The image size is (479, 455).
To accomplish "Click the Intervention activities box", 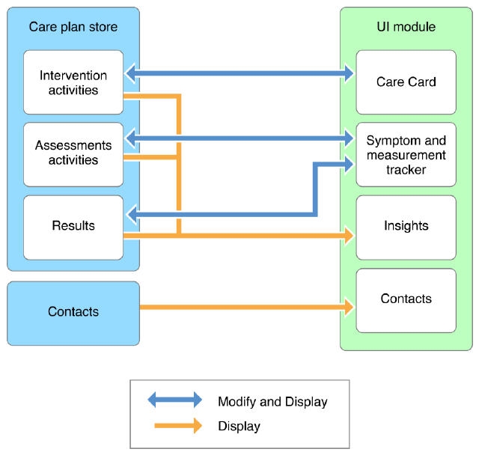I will point(73,82).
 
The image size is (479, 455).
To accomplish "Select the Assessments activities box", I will point(73,153).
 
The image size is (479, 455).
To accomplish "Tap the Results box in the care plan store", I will point(73,226).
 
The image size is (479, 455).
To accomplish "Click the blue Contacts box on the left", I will point(73,312).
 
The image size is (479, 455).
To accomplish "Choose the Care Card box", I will point(406,82).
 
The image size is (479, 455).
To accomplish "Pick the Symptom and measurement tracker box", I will point(406,154).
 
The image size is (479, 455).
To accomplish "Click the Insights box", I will point(406,226).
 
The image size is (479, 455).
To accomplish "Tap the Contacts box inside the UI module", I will point(406,299).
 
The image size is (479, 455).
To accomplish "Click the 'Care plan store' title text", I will point(73,27).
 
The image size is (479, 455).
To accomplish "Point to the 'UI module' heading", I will point(406,27).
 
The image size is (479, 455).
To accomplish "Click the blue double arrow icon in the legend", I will point(175,400).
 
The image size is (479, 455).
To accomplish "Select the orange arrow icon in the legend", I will point(178,426).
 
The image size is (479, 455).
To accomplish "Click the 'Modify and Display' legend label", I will point(272,402).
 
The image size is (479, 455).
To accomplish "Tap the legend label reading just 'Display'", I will point(239,427).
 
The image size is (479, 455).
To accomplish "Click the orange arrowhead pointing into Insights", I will point(347,236).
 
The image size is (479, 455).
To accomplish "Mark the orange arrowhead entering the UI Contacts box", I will point(347,306).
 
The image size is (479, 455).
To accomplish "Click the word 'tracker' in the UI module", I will point(406,170).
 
